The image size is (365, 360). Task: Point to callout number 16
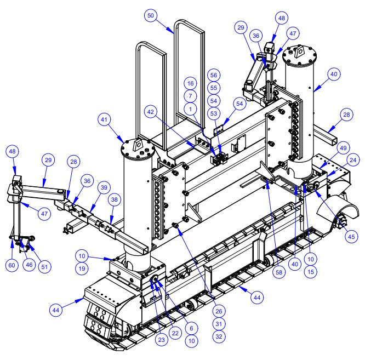(190, 83)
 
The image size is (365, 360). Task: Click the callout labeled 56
(214, 75)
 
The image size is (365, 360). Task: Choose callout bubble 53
(214, 113)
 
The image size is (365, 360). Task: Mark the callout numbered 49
(343, 147)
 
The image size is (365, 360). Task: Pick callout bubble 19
(81, 268)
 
